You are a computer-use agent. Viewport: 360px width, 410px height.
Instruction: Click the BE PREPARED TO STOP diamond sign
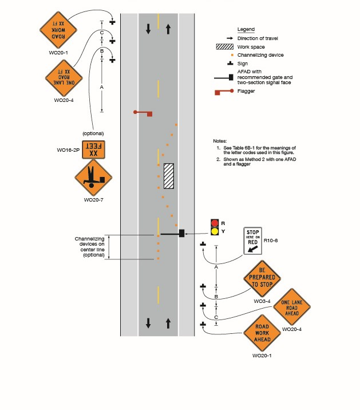263,277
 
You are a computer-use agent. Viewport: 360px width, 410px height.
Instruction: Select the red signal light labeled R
215,223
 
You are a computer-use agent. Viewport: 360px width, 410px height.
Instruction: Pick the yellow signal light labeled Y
215,231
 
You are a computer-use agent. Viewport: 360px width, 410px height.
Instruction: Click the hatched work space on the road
169,176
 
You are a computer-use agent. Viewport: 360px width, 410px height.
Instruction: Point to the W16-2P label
68,150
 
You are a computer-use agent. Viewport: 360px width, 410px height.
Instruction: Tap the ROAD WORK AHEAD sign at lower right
262,333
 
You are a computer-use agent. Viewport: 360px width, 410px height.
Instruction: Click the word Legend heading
246,29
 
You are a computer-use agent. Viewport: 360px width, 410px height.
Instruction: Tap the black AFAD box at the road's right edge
181,233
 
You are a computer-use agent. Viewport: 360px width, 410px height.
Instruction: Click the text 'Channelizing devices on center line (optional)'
90,247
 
